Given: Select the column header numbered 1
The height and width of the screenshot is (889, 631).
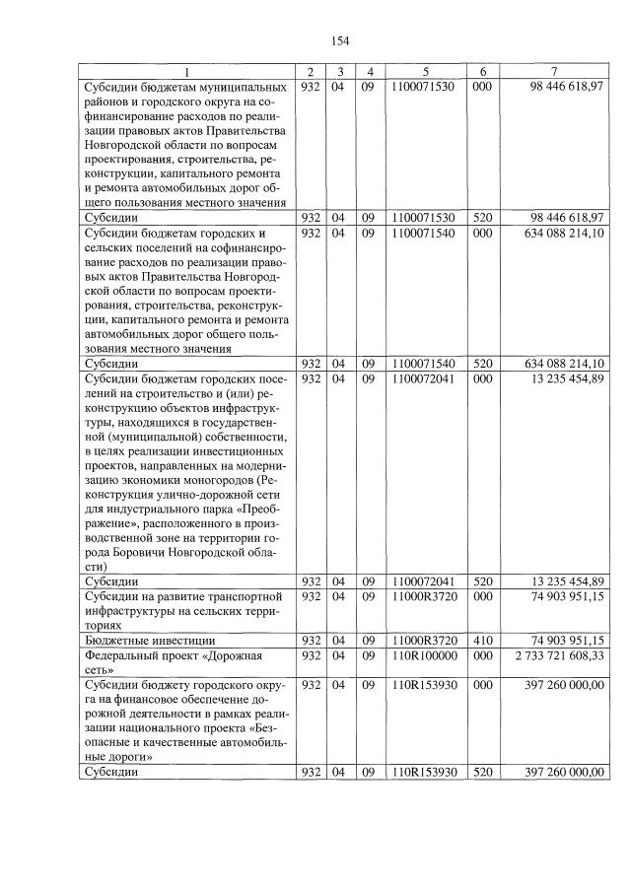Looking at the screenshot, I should point(188,72).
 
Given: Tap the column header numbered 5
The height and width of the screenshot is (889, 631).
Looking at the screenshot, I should point(425,72).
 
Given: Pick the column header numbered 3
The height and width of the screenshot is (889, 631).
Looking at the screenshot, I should point(339,72).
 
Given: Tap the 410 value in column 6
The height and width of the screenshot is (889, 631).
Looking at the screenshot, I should point(483,639).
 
